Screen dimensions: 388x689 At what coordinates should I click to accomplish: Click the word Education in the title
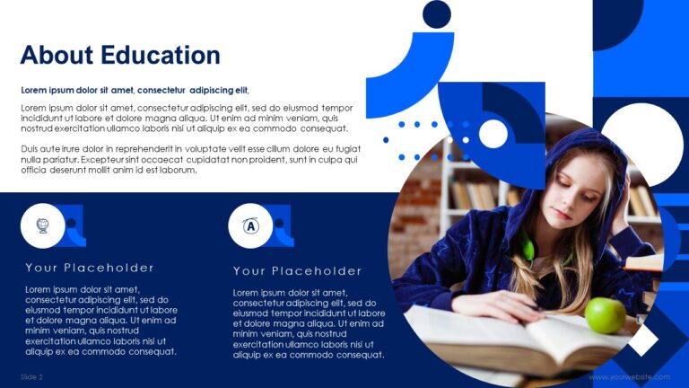(x=161, y=55)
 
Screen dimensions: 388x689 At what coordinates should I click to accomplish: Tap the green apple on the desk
(x=605, y=315)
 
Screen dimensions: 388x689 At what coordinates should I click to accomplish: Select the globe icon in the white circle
(x=42, y=225)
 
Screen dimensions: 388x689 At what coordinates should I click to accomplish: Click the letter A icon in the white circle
(x=250, y=225)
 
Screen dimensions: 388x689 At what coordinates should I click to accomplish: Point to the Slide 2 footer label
(x=32, y=377)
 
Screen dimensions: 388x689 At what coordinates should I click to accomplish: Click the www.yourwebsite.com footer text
(x=629, y=377)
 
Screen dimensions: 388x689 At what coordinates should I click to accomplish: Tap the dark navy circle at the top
(x=436, y=14)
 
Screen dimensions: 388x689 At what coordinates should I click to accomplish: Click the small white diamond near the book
(x=642, y=339)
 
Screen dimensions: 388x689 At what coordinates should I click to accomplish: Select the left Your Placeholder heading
(x=90, y=268)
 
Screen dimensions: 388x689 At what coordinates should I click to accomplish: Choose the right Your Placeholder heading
(x=298, y=271)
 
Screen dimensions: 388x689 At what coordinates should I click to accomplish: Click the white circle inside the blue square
(x=493, y=134)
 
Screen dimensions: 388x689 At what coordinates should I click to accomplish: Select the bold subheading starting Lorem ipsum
(x=135, y=90)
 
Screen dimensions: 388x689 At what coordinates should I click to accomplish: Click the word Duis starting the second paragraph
(x=31, y=148)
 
